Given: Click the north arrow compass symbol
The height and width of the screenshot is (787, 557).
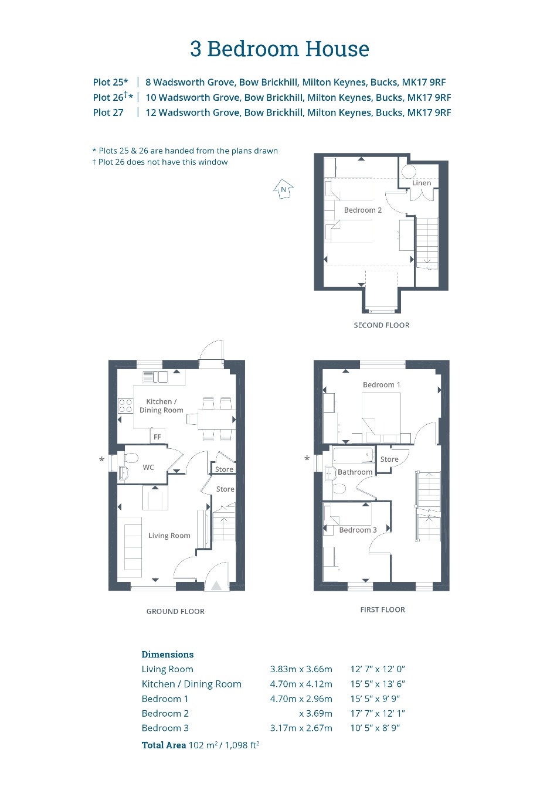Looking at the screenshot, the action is click(x=283, y=189).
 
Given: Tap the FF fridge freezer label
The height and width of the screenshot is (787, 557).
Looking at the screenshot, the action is click(x=157, y=437).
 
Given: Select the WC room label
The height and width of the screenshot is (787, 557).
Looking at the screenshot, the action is click(x=148, y=467).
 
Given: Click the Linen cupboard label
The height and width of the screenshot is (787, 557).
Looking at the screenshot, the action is click(x=422, y=183).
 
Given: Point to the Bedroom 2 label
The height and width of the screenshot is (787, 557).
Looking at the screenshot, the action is click(x=363, y=210).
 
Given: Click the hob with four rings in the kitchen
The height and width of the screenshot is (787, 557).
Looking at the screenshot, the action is click(x=125, y=406).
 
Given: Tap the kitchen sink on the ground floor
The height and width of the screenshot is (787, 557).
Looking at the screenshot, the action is click(x=155, y=377).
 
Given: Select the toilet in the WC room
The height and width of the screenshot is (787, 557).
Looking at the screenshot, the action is click(x=130, y=458).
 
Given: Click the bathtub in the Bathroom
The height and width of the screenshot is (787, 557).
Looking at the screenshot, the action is click(x=353, y=455).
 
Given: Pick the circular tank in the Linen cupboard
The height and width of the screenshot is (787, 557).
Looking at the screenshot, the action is click(x=409, y=172).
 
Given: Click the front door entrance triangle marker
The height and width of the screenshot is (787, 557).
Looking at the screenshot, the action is click(x=216, y=585).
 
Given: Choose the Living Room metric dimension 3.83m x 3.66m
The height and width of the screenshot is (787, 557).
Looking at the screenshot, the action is click(x=301, y=669).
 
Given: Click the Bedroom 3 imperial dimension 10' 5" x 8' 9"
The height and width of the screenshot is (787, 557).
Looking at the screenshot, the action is click(x=375, y=728).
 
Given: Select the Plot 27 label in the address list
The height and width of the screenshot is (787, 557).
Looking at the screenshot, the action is click(x=108, y=113).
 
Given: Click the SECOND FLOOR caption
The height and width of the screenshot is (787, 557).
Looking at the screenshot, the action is click(x=382, y=325).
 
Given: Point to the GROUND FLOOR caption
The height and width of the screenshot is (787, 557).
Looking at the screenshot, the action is click(x=175, y=611).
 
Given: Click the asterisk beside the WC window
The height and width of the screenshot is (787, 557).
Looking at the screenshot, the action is click(x=101, y=459).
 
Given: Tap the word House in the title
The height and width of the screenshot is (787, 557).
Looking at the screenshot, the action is click(x=337, y=49).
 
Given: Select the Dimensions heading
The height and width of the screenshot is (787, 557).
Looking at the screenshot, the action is click(x=168, y=654).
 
